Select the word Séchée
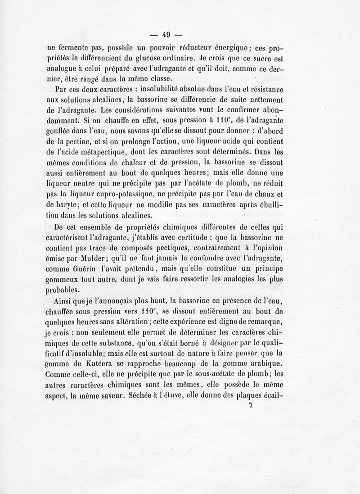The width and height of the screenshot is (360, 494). (x=142, y=397)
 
